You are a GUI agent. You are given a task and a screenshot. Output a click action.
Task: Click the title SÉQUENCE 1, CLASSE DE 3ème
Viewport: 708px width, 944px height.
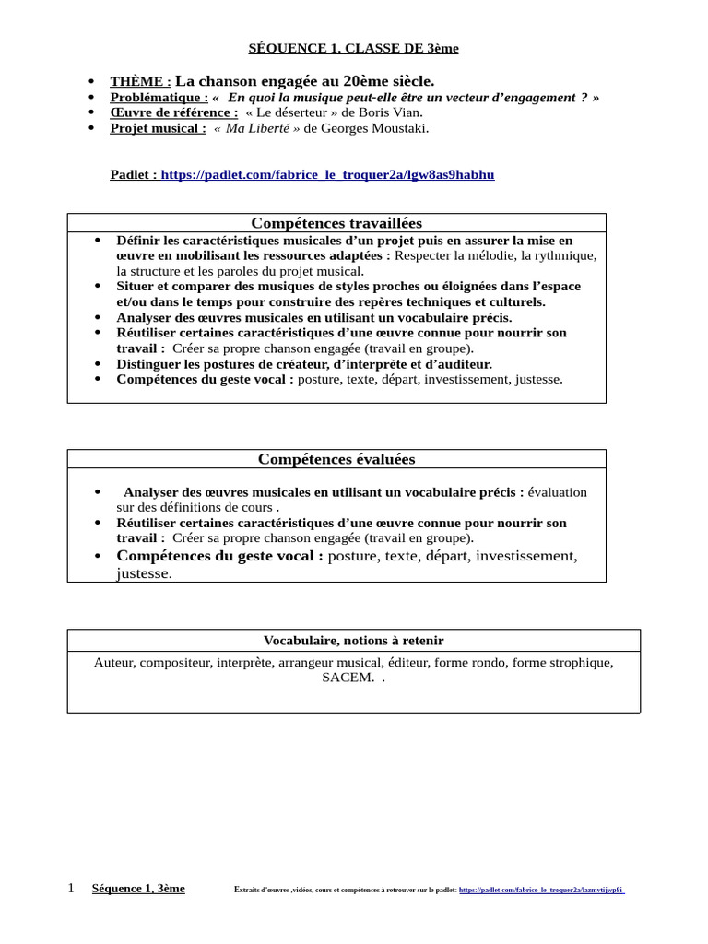[354, 48]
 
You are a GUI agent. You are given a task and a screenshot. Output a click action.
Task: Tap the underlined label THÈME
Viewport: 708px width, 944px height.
[140, 82]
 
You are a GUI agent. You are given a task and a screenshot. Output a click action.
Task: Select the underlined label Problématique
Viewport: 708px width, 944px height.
[159, 98]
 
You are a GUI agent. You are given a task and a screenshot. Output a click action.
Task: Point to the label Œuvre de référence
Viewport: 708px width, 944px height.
[167, 112]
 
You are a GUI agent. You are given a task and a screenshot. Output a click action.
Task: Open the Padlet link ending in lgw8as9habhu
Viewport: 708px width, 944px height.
[327, 174]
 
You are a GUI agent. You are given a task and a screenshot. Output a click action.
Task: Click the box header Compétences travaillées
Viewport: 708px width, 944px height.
[336, 223]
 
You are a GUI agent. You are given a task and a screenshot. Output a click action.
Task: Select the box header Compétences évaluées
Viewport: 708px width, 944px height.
[336, 459]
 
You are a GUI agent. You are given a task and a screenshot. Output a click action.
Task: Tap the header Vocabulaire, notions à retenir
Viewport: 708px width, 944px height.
[353, 641]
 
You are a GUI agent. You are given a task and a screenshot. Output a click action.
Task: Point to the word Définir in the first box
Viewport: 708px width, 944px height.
[138, 240]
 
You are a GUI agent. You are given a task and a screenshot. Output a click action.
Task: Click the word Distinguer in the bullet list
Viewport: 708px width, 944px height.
[150, 364]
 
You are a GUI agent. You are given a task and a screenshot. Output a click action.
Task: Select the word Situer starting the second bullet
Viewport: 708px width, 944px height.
[135, 287]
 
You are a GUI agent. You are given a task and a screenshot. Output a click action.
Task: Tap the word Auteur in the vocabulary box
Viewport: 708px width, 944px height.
[116, 663]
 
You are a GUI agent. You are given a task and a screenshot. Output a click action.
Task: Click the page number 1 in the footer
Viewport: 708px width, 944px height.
[71, 889]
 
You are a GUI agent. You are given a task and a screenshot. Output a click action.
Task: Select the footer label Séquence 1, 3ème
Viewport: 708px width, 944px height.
[138, 889]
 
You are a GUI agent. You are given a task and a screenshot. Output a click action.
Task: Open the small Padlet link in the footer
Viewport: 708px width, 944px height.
[541, 891]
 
